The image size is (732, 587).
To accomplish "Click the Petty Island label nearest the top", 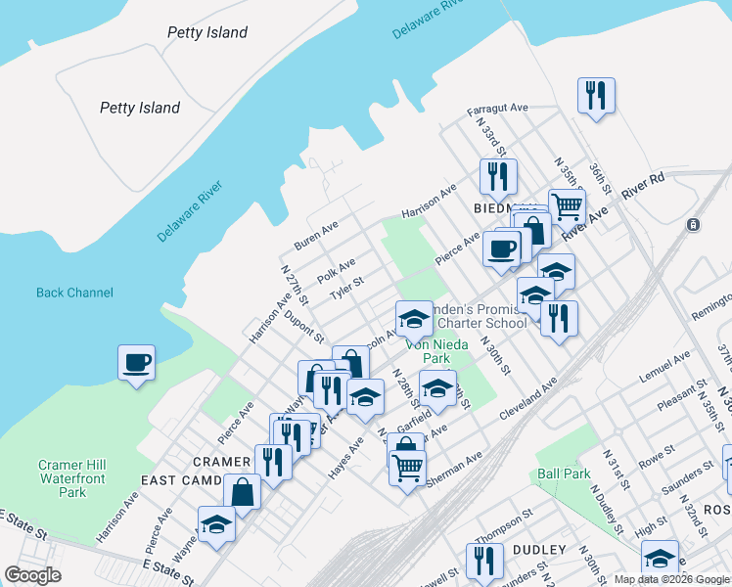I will click(x=206, y=32).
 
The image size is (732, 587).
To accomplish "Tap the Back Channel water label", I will click(x=74, y=293).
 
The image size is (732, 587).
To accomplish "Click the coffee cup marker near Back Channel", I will click(x=136, y=362).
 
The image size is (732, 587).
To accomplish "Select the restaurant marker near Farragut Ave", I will click(x=595, y=96).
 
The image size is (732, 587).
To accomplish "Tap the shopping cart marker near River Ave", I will click(x=567, y=207).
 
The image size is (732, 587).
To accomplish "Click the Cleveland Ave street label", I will click(x=529, y=396).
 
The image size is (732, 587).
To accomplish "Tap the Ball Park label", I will click(x=564, y=474).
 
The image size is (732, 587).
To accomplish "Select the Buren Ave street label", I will click(x=316, y=236).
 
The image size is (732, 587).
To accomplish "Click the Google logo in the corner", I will click(x=32, y=574).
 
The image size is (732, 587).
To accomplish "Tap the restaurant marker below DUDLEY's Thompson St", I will click(x=485, y=561).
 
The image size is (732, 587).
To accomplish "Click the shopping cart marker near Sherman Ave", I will click(x=407, y=467).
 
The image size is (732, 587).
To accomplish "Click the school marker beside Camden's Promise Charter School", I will click(x=413, y=319).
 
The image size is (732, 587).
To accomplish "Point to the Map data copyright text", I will click(x=671, y=578).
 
